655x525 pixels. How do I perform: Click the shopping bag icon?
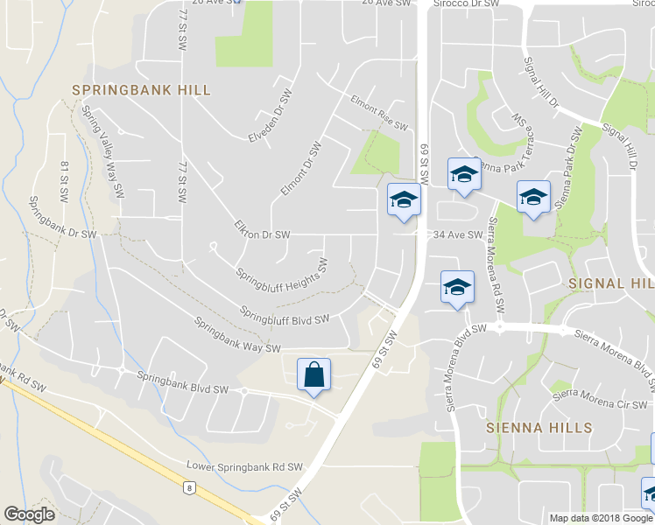pyautogui.click(x=313, y=375)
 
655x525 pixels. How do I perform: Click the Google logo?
pyautogui.click(x=29, y=514)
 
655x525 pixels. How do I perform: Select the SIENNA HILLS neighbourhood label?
pyautogui.click(x=539, y=428)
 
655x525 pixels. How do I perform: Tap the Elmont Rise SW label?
pyautogui.click(x=379, y=112)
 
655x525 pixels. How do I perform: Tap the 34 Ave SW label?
pyautogui.click(x=458, y=234)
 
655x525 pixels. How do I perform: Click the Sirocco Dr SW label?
pyautogui.click(x=467, y=4)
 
